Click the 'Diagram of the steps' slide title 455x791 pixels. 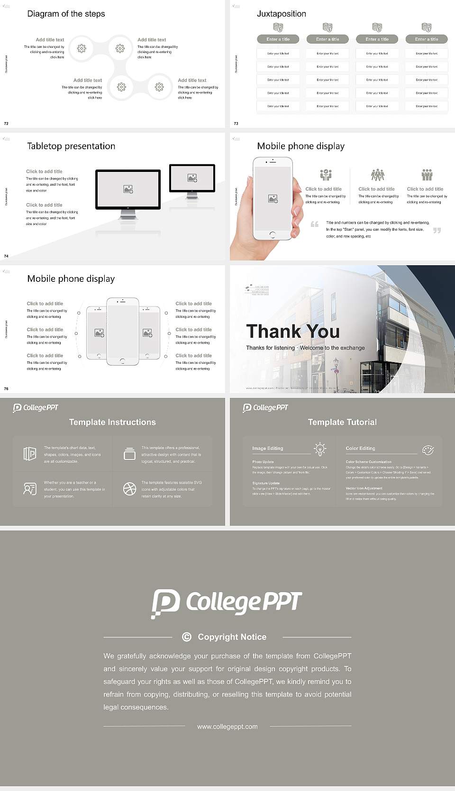pos(66,14)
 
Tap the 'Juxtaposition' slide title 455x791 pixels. pos(281,14)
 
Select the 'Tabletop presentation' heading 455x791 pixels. pos(71,146)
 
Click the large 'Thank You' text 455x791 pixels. pos(293,331)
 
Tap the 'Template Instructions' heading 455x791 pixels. pos(112,422)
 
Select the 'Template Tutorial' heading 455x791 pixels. pos(342,422)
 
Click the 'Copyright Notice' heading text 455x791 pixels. pos(232,637)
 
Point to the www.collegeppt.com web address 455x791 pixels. pos(227,727)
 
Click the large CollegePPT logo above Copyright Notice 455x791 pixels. pos(227,603)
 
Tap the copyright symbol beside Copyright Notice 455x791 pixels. pos(187,637)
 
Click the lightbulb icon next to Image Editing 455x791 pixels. pos(320,449)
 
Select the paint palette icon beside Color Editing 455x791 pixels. pos(428,449)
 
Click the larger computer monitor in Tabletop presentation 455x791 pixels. pos(128,189)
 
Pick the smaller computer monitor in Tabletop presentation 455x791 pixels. pos(192,178)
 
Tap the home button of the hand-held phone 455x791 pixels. pos(272,234)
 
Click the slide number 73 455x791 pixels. pos(236,124)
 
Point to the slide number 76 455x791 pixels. pos(6,389)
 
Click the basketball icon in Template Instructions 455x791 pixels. pos(129,489)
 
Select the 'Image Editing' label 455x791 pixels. pos(267,448)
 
